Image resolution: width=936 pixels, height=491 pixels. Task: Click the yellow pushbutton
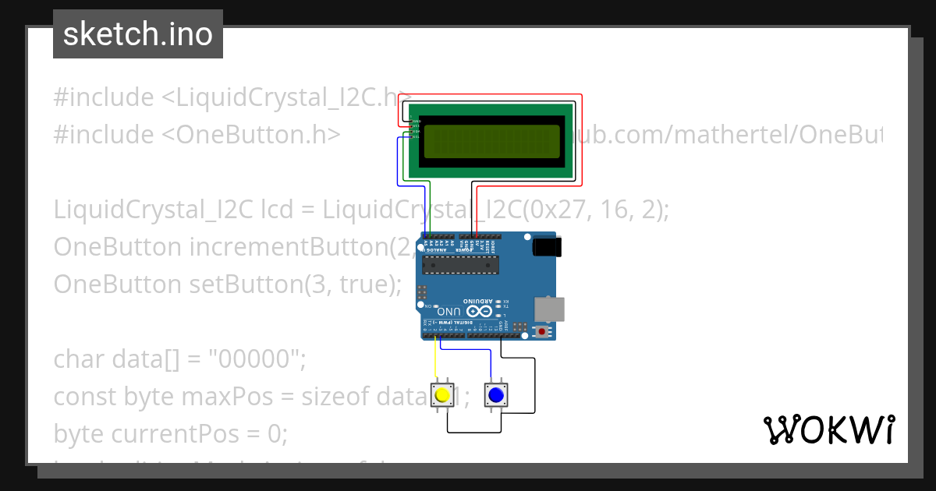tap(443, 394)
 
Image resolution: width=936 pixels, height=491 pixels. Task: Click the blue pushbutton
tap(495, 394)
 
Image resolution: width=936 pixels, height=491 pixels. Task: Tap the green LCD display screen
tap(491, 141)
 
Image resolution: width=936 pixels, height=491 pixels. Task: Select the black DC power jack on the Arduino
tap(546, 247)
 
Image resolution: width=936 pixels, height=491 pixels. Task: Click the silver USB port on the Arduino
tap(549, 309)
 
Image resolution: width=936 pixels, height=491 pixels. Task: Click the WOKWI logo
tap(828, 429)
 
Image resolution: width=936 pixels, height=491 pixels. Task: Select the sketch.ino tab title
tap(138, 34)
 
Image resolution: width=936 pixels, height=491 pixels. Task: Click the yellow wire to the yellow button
tap(435, 362)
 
